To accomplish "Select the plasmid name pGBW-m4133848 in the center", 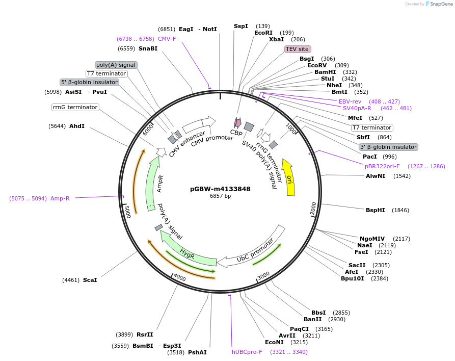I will tap(220, 189).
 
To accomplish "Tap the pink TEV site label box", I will tap(297, 49).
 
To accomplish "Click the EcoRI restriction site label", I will tap(263, 33).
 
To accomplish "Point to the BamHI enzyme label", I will tap(325, 72).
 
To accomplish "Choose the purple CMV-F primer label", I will tap(167, 39).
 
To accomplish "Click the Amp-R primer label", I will tap(60, 198).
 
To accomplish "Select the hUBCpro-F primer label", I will tap(247, 352).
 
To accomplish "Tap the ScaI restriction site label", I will tap(90, 280).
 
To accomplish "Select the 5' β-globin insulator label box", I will tap(89, 82).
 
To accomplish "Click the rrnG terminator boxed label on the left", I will tap(75, 107).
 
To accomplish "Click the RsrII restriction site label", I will tap(145, 334).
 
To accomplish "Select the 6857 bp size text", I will tap(220, 196).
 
